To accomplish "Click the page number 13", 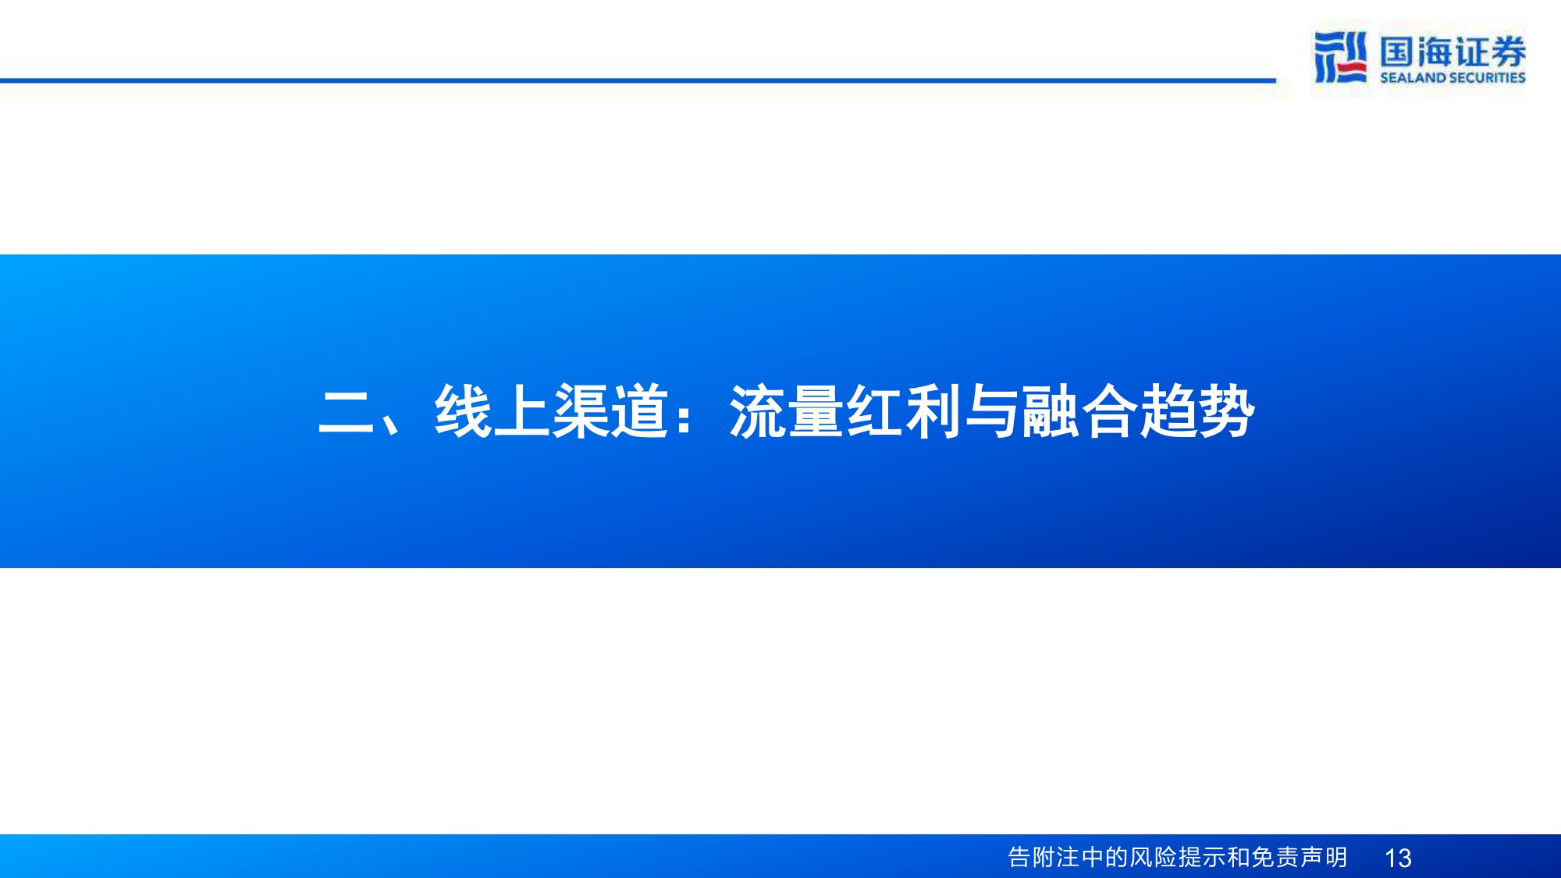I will click(x=1397, y=858).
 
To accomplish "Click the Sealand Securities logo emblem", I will click(x=1340, y=57).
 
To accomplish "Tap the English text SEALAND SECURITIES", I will click(x=1452, y=77).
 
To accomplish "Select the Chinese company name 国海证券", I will click(x=1452, y=52).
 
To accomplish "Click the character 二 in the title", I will click(x=346, y=412).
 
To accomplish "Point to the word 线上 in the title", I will click(x=492, y=411).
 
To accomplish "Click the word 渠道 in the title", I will click(x=610, y=411).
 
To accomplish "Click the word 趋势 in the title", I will click(x=1197, y=411).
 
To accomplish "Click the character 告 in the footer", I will click(x=1019, y=857).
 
